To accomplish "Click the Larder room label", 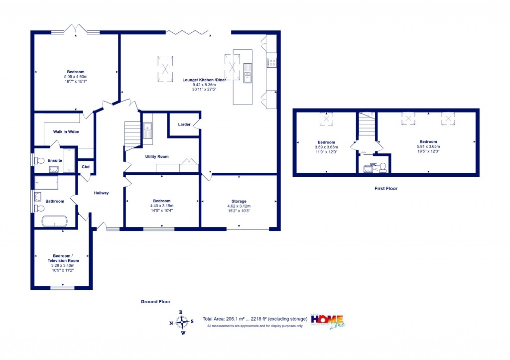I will pos(184,124).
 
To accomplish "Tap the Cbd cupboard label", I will pos(86,167).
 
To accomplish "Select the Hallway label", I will pos(101,193).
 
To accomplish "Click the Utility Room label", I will pos(157,156).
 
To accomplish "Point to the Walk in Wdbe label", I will pos(66,132).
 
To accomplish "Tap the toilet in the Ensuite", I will pos(39,160).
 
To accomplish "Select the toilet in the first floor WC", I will pos(382,167).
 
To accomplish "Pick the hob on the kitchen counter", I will pos(272,62).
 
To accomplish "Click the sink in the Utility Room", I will pos(148,130).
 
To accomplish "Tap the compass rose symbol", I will pos(182,323).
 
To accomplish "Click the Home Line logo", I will pos(330,321).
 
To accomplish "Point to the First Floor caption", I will pos(386,189).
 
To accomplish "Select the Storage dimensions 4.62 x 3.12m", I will pos(239,206).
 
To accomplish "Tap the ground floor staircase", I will pos(132,134).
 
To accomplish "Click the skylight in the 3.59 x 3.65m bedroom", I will pos(326,119).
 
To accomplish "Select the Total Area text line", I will pos(255,319).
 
